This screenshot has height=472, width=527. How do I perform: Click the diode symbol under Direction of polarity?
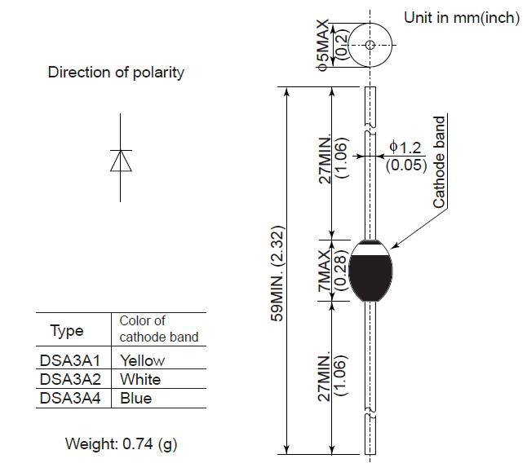(x=121, y=161)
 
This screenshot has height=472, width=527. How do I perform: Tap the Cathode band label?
(x=440, y=162)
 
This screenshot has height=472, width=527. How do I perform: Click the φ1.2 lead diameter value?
(x=405, y=147)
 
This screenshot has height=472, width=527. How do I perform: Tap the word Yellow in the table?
(x=142, y=360)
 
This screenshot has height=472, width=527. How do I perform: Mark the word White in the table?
(x=140, y=379)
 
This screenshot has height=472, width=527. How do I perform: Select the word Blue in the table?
(x=136, y=399)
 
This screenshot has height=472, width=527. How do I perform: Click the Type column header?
(x=67, y=331)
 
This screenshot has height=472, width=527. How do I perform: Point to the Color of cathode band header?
(x=158, y=329)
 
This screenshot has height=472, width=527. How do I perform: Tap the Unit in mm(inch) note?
(x=461, y=18)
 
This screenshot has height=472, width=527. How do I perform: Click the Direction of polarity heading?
(x=116, y=73)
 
